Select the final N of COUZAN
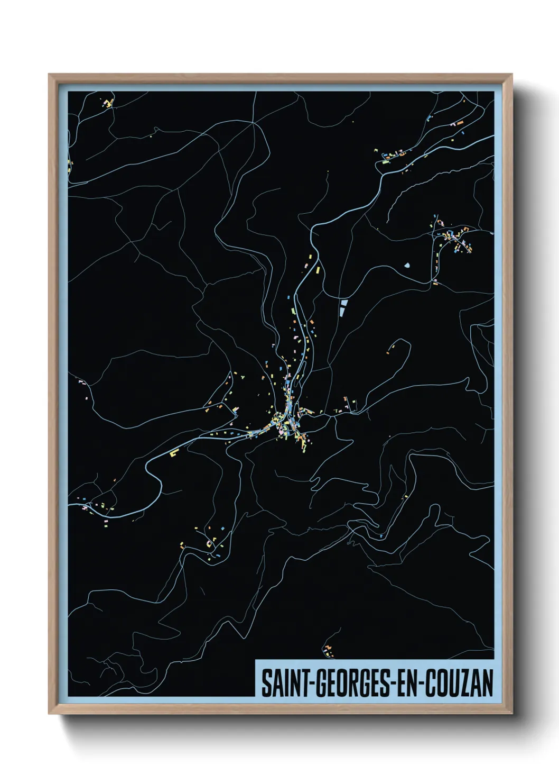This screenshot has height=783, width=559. [x=487, y=683]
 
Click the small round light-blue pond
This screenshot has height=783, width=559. [x=407, y=265]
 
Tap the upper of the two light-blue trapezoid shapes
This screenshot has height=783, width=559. [x=344, y=303]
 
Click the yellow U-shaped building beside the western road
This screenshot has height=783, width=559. [x=174, y=453]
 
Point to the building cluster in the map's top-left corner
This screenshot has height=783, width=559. [x=108, y=102]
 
